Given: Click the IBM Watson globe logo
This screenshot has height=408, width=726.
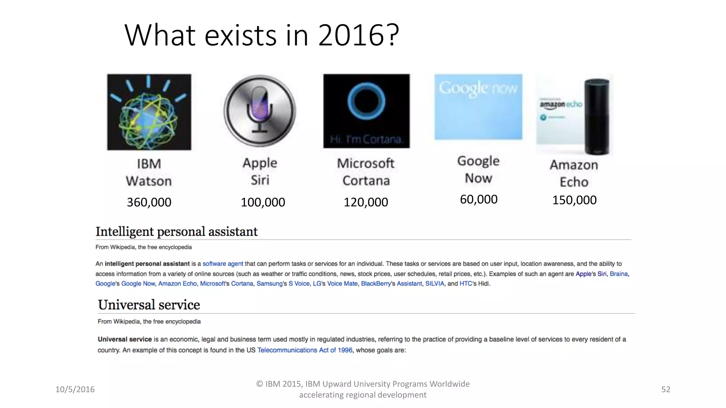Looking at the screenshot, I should pos(149,112).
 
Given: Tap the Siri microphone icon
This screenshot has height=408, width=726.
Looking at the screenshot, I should pos(260,110).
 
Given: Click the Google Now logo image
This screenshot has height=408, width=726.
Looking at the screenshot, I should pos(478,107).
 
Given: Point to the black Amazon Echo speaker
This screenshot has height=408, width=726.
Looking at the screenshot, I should pos(597,117).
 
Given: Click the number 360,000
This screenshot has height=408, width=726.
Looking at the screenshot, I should pos(149,202).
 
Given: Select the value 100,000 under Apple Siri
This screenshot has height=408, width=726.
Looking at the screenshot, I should pos(263,202).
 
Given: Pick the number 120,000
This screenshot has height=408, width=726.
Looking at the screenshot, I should pos(366,202).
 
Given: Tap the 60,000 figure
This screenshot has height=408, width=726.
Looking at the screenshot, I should pos(479,199).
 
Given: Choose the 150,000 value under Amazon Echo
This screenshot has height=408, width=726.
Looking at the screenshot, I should pos(574,200).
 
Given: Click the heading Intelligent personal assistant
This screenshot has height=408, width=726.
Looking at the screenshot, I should pos(177,232).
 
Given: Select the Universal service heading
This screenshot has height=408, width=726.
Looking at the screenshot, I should pos(149,305).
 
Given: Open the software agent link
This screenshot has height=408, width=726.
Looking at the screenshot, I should pos(223,264).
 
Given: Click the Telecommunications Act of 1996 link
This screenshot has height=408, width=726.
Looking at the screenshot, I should pos(305,350).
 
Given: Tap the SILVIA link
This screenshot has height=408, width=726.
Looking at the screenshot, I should pos(435,284).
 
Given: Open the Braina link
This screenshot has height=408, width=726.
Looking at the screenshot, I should pos(619,274).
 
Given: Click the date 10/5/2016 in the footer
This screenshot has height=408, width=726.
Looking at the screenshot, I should pos(75,390).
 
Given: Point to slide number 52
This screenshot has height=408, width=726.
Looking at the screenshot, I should pos(666,390).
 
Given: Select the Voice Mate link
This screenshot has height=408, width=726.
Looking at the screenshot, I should pos(342,284).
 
